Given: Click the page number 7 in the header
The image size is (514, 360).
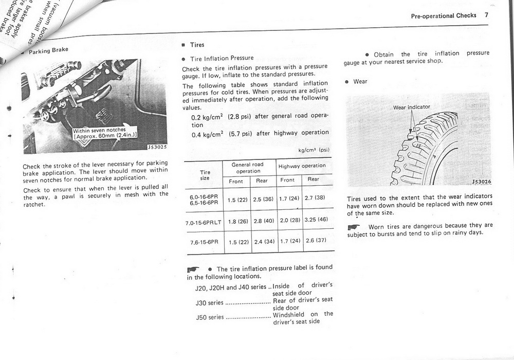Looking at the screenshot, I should [486, 15].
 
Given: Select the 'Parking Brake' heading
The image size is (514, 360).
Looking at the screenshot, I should [48, 51].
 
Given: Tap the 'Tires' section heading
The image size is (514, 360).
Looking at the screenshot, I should [197, 45].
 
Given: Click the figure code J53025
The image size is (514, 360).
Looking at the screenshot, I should [157, 147].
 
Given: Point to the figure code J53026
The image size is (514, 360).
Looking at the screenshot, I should [481, 182].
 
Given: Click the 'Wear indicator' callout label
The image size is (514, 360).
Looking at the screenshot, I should [411, 107].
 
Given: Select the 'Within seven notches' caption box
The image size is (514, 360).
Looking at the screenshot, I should [104, 132].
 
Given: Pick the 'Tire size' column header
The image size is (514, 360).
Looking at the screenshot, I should [205, 175].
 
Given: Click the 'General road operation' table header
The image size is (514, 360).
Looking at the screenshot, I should [248, 168].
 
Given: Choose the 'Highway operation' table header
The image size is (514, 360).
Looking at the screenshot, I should [302, 166].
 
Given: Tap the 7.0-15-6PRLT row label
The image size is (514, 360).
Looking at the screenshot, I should [203, 223].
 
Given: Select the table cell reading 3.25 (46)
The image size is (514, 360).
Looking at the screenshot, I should [316, 219].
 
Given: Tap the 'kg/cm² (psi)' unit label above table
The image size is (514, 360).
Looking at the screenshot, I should [314, 151].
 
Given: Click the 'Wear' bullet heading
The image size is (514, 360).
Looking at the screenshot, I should [360, 81].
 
